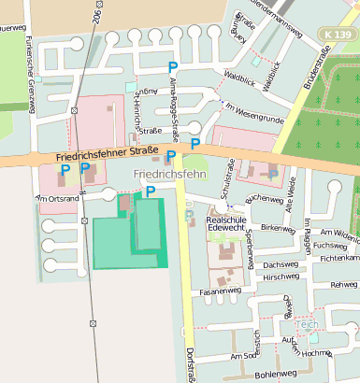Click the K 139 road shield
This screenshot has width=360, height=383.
[338, 35]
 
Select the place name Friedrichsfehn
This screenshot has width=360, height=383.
[169, 175]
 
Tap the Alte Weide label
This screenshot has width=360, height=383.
[291, 191]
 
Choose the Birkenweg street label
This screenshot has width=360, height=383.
[278, 227]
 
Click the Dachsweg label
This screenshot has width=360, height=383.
[281, 264]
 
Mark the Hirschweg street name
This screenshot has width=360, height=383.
[281, 277]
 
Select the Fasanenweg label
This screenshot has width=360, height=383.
[221, 291]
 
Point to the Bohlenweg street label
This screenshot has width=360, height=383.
[274, 373]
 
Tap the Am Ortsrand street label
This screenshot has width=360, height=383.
[56, 198]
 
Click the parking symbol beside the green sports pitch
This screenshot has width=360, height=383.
[150, 191]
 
